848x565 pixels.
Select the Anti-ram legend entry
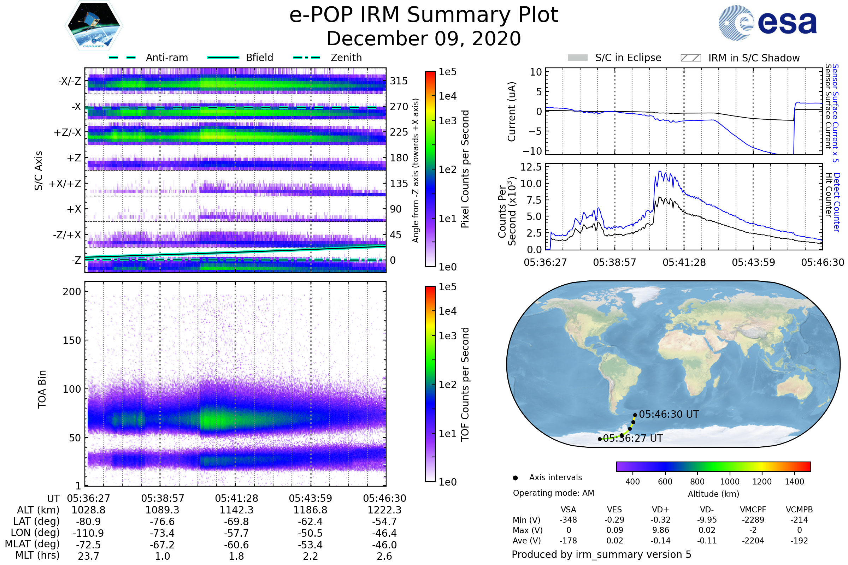(x=166, y=58)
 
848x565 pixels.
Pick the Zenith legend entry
(x=346, y=58)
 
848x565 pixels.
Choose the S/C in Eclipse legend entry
(x=628, y=58)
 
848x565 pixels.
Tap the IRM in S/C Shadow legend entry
(x=754, y=58)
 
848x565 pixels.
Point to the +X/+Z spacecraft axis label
(x=65, y=184)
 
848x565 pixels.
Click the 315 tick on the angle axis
(x=399, y=81)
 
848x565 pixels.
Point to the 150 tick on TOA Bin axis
(x=72, y=340)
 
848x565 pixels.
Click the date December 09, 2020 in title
(x=424, y=38)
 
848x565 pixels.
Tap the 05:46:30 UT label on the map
(x=669, y=414)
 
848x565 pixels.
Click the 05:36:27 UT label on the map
(x=633, y=438)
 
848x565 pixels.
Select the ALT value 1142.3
(x=236, y=510)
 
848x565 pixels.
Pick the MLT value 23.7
(x=88, y=556)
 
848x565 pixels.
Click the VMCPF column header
(x=753, y=510)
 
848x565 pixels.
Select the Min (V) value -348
(x=568, y=520)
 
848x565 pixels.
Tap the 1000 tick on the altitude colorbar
(x=729, y=482)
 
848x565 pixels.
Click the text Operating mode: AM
(x=553, y=493)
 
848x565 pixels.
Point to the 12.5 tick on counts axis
(x=531, y=167)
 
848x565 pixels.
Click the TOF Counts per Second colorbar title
(x=465, y=384)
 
